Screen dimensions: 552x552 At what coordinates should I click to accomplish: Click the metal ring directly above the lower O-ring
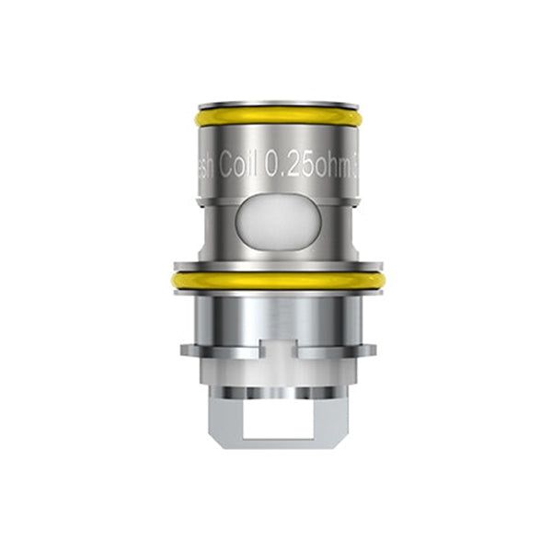pyautogui.click(x=275, y=263)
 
